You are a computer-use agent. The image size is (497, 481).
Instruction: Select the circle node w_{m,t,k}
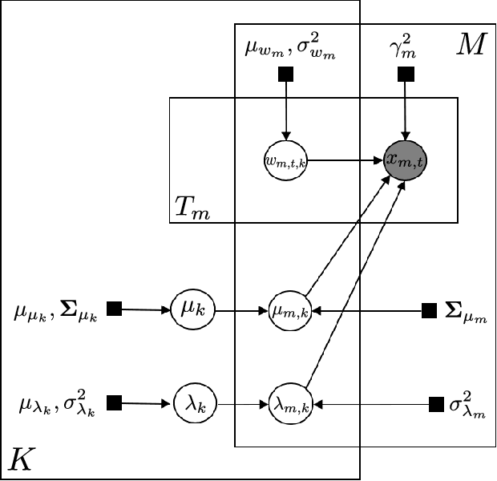tap(285, 160)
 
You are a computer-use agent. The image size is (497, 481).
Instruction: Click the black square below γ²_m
tap(406, 75)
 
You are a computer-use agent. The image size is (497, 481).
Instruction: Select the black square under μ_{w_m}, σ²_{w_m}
tap(285, 75)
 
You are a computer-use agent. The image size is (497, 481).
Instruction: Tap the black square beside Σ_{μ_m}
tap(430, 309)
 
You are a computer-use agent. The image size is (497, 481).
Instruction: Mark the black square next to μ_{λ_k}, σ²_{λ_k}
tap(115, 402)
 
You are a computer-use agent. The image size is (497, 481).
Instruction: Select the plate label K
tap(22, 459)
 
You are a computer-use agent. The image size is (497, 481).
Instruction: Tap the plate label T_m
tap(191, 209)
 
